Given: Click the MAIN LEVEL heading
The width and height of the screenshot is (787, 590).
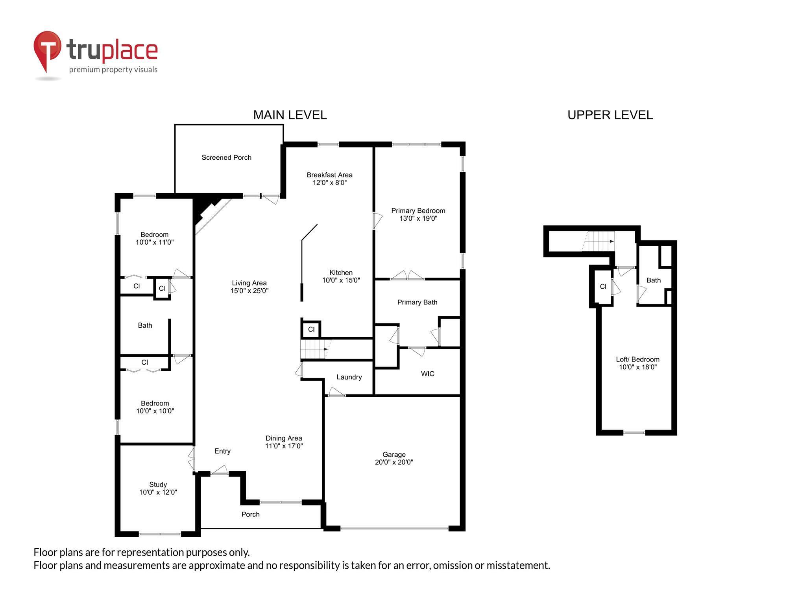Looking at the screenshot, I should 290,115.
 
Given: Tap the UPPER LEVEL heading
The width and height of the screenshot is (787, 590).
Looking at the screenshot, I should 610,115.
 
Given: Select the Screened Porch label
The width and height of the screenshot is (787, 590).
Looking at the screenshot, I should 226,157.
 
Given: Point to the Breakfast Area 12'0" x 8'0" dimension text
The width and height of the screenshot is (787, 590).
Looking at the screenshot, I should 329,183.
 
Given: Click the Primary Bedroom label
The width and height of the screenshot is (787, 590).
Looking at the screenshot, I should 418,211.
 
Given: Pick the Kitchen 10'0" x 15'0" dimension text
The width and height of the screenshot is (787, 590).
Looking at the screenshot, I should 341,280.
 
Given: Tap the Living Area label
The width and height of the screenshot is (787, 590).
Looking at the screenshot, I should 249,283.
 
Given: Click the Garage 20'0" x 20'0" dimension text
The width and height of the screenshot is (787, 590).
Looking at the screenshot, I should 394,462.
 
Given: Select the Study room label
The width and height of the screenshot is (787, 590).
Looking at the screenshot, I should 158,485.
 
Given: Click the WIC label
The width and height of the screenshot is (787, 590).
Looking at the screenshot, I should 427,374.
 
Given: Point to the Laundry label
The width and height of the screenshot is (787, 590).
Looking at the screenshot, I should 349,377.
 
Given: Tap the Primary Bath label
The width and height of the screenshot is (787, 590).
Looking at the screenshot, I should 417,302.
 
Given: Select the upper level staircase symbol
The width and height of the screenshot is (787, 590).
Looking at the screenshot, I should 599,241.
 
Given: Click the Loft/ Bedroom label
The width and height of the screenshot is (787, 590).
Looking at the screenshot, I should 637,359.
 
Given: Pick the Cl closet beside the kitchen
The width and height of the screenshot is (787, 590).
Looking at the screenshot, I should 311,329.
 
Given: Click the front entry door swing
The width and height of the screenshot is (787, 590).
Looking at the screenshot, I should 220,470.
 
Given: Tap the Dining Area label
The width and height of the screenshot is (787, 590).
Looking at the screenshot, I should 284,438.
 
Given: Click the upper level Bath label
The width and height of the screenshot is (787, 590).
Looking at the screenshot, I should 653,280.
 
